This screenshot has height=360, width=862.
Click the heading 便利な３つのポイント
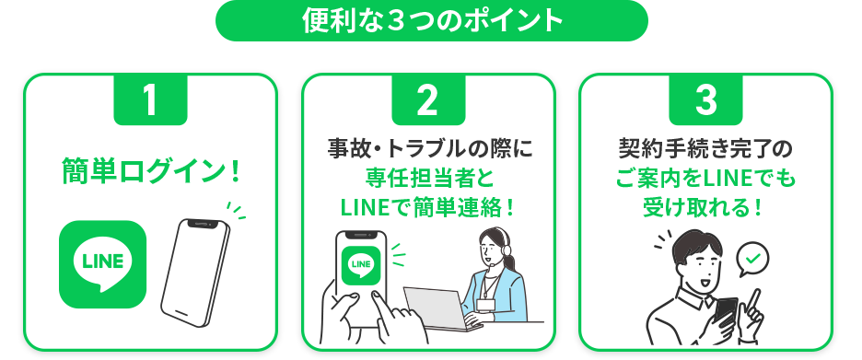(x=432, y=21)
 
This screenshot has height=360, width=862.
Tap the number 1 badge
(x=150, y=99)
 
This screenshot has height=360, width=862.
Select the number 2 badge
(x=428, y=99)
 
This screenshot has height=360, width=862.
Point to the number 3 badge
(x=705, y=99)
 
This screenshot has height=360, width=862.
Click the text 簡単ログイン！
(x=151, y=171)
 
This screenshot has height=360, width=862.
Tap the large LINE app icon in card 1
(x=103, y=264)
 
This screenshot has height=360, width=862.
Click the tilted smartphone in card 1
(x=196, y=272)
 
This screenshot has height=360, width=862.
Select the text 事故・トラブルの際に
(x=430, y=149)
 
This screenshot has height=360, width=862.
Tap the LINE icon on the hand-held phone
(x=361, y=265)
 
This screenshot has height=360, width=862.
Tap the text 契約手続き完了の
(x=705, y=149)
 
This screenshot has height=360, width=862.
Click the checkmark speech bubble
(x=752, y=259)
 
